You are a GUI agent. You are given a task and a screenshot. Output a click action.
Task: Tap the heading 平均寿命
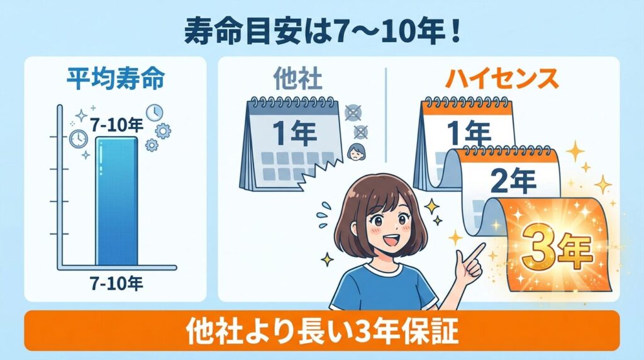pyautogui.click(x=116, y=81)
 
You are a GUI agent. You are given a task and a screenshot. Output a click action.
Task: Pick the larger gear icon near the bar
pyautogui.click(x=162, y=131)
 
